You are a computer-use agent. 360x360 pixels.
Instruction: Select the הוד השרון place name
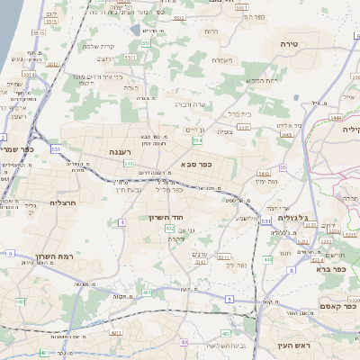tap(166, 217)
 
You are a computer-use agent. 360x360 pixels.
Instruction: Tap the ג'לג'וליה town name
tap(293, 217)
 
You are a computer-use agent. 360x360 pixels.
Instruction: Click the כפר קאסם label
tap(339, 307)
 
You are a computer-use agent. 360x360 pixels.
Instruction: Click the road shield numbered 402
tap(169, 229)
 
